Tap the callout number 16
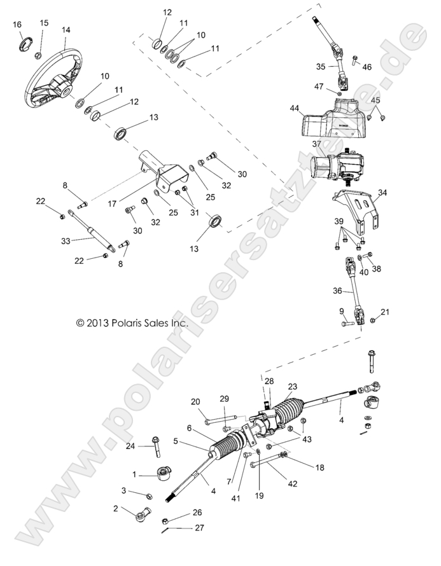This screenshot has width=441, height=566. (17, 24)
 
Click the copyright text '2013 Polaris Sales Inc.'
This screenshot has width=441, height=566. (132, 323)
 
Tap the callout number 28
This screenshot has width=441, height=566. (269, 381)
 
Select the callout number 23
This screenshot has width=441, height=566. (293, 386)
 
